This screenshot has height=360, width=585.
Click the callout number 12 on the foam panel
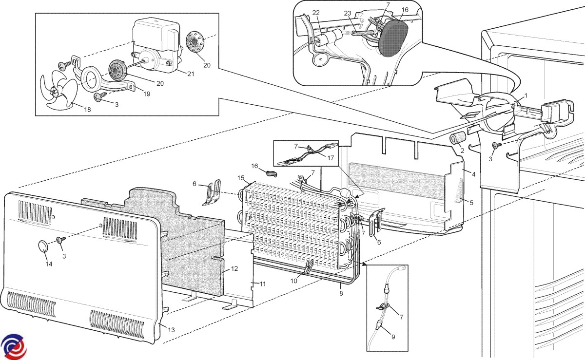[x=234, y=268]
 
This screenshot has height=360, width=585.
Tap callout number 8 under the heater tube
[x=341, y=294]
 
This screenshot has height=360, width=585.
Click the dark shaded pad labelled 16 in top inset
[x=392, y=41]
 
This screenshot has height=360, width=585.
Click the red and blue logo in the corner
[x=13, y=346]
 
